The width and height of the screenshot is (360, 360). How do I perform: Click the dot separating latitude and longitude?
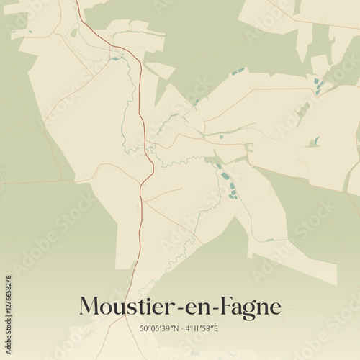(x=181, y=329)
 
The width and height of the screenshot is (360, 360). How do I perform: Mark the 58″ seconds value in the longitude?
(x=209, y=329)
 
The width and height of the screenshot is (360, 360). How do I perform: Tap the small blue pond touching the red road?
(x=114, y=58)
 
